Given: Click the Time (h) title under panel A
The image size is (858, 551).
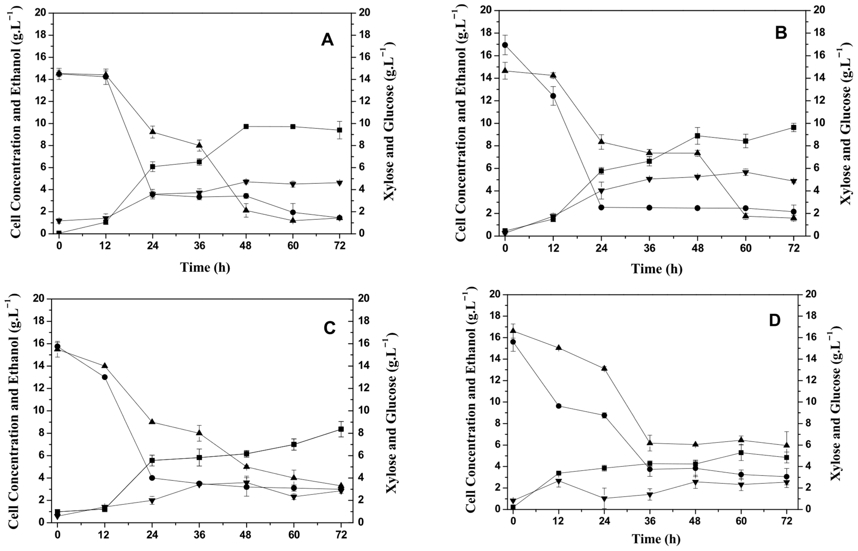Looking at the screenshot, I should point(205,267).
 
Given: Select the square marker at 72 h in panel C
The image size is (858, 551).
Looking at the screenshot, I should point(341,429).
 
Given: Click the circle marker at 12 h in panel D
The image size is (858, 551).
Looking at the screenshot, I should point(559,406).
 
